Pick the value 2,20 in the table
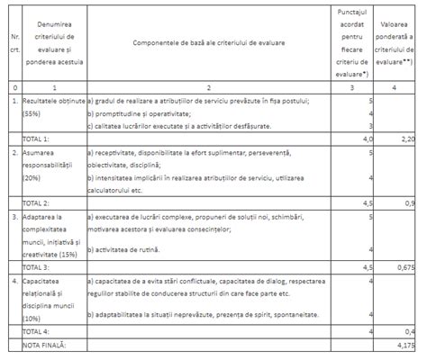point(406,139)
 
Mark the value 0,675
point(404,266)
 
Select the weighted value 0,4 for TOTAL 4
point(408,330)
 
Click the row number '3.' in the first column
point(12,217)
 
